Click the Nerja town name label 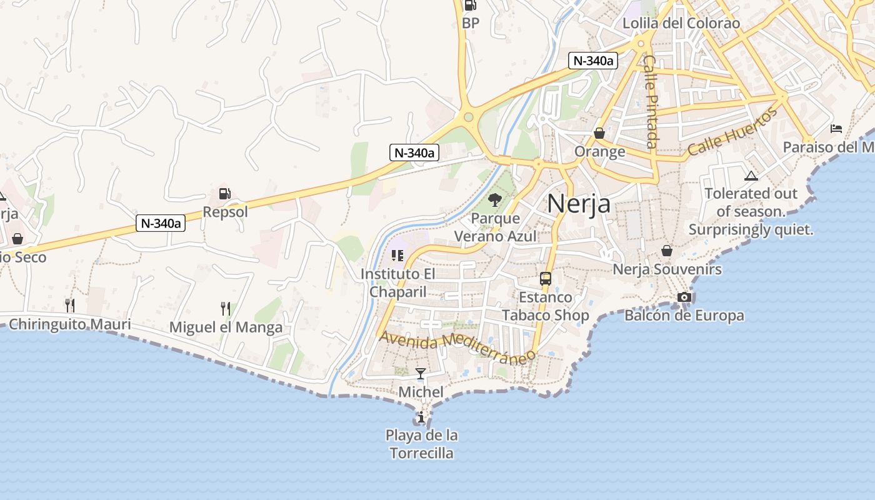click(x=578, y=203)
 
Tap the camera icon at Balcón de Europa click(x=684, y=297)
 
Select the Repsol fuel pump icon click(x=225, y=194)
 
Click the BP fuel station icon click(x=470, y=6)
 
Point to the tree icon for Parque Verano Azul click(x=495, y=200)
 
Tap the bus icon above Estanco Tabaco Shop click(x=546, y=279)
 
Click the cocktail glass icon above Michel click(x=421, y=374)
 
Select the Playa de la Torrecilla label click(x=421, y=444)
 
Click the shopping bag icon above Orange click(x=599, y=133)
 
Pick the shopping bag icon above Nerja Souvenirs click(x=667, y=251)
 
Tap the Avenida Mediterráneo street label click(x=458, y=346)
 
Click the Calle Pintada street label click(x=651, y=102)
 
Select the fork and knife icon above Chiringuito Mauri click(x=70, y=305)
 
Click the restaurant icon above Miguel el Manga click(x=226, y=308)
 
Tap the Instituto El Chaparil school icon click(x=397, y=256)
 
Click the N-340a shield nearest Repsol click(x=161, y=223)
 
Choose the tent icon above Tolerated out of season click(x=751, y=176)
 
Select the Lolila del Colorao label click(x=681, y=24)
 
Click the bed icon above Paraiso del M click(x=836, y=129)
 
